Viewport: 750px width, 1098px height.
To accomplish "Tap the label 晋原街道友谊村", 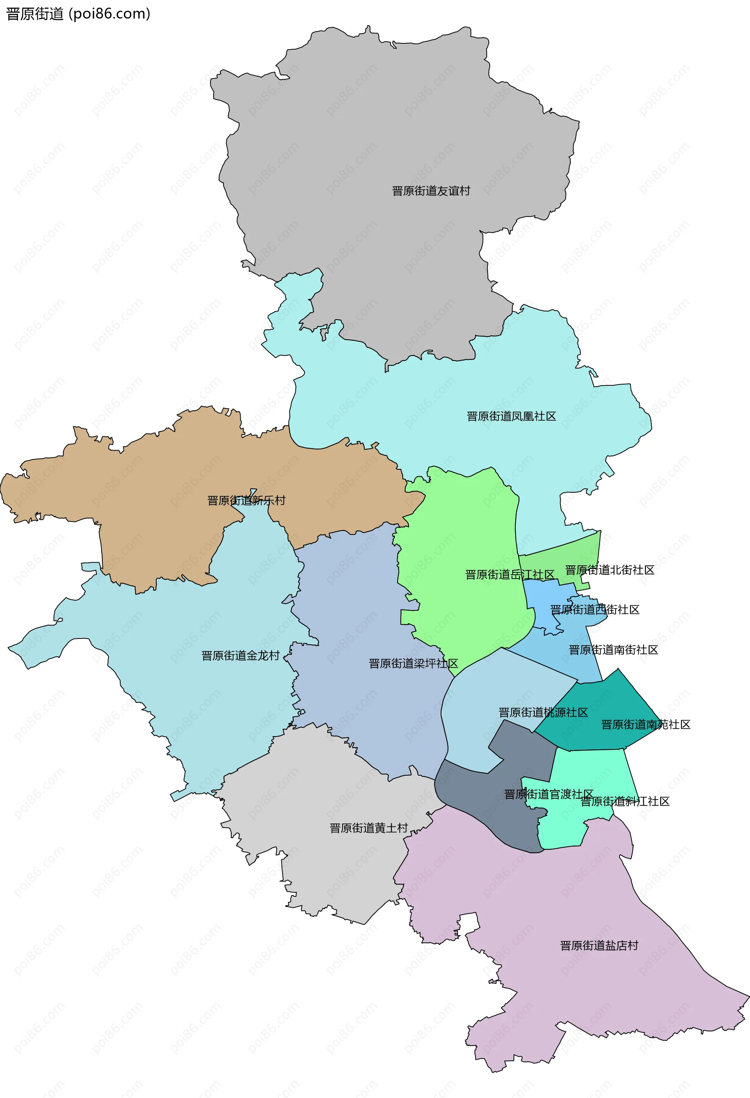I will (x=431, y=191).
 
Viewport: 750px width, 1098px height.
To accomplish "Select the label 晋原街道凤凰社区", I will (x=511, y=416).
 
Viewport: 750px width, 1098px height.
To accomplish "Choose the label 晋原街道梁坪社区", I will (x=413, y=663).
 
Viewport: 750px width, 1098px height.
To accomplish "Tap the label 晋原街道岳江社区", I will (x=510, y=574).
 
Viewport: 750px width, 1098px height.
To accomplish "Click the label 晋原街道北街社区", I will (x=610, y=570).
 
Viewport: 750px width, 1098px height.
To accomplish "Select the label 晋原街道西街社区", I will (x=595, y=610).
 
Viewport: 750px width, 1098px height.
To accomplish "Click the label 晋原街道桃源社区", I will (x=543, y=712).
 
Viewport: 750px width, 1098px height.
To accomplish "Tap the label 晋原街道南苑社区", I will (x=646, y=725).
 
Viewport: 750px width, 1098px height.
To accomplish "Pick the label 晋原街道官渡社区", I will (x=548, y=794).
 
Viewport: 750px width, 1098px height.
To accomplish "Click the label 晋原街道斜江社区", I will (x=625, y=801).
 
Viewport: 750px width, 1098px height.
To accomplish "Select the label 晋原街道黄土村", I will (x=368, y=828).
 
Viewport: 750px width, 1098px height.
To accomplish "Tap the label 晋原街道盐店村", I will (x=599, y=945).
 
